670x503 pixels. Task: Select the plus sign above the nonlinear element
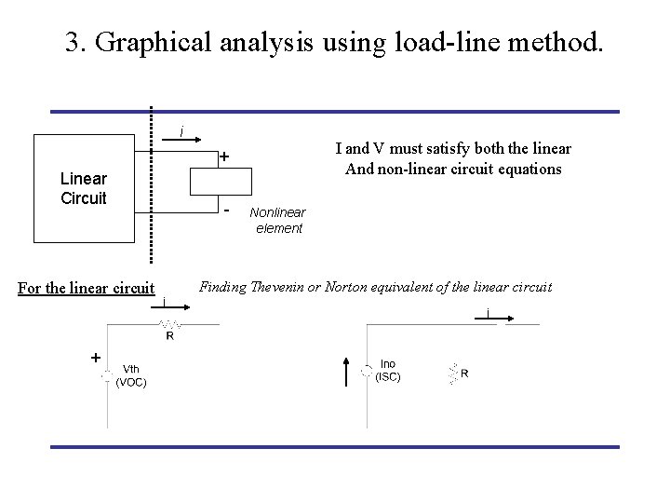tap(224, 157)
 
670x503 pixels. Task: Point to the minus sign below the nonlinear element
tap(226, 204)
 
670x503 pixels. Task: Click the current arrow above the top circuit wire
tap(181, 144)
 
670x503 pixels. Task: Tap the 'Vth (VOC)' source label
tap(129, 374)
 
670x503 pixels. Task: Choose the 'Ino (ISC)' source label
tap(387, 370)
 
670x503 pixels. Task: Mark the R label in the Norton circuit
tap(465, 374)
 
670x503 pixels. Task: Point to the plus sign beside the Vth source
tap(95, 357)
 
